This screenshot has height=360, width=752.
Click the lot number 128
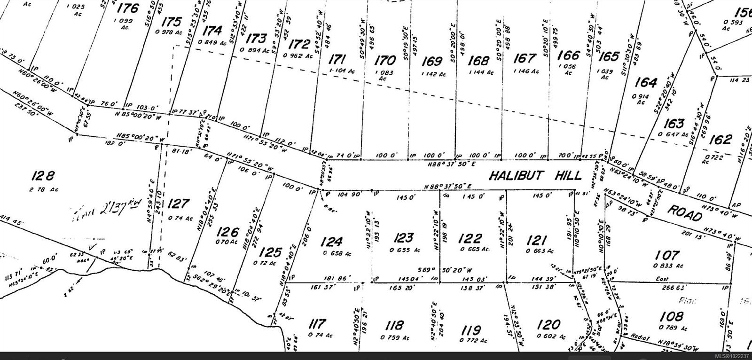coord(43,176)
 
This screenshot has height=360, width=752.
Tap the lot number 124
coord(332,242)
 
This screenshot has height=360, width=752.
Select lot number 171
coord(337,60)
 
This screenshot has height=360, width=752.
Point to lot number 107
coord(667,255)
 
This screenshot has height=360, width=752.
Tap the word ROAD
coord(685,213)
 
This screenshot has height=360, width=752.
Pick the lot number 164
coord(645,83)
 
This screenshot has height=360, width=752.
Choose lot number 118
coord(393,325)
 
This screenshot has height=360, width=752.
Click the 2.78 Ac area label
coord(41,189)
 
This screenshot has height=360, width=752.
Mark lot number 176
coord(128,8)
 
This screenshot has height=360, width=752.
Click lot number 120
coord(548,324)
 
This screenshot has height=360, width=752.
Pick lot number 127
coord(178,204)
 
